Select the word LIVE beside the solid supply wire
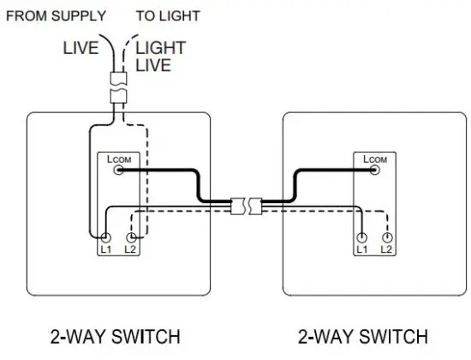(x=81, y=48)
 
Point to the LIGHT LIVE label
(x=159, y=56)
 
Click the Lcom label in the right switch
(x=375, y=159)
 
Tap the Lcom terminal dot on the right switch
(x=375, y=171)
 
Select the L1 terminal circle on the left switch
(x=106, y=237)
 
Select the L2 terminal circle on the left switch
(x=131, y=237)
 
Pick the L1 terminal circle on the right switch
(x=363, y=237)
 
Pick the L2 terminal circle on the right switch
(x=388, y=237)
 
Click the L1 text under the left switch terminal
(x=106, y=249)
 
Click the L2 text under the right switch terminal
(x=388, y=249)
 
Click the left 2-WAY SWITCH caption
(x=116, y=334)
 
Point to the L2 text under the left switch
(x=131, y=249)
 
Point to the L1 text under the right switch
(x=363, y=249)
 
